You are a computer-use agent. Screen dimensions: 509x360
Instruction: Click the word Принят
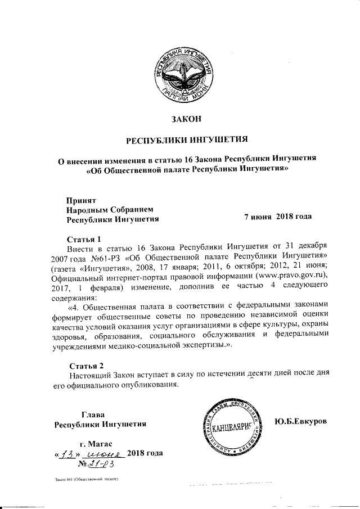[x=82, y=200]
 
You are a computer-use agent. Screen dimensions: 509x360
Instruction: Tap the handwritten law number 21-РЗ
[x=102, y=465]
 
